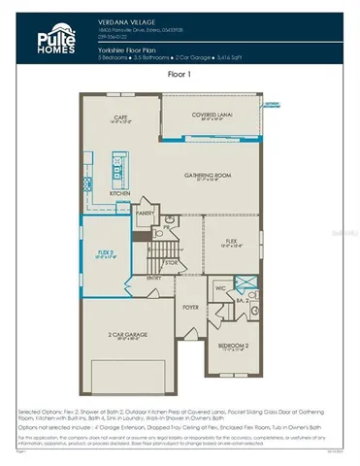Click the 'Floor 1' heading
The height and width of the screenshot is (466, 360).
click(x=180, y=73)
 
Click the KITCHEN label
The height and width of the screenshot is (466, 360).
click(x=119, y=193)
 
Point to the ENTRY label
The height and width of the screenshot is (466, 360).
click(x=154, y=277)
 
